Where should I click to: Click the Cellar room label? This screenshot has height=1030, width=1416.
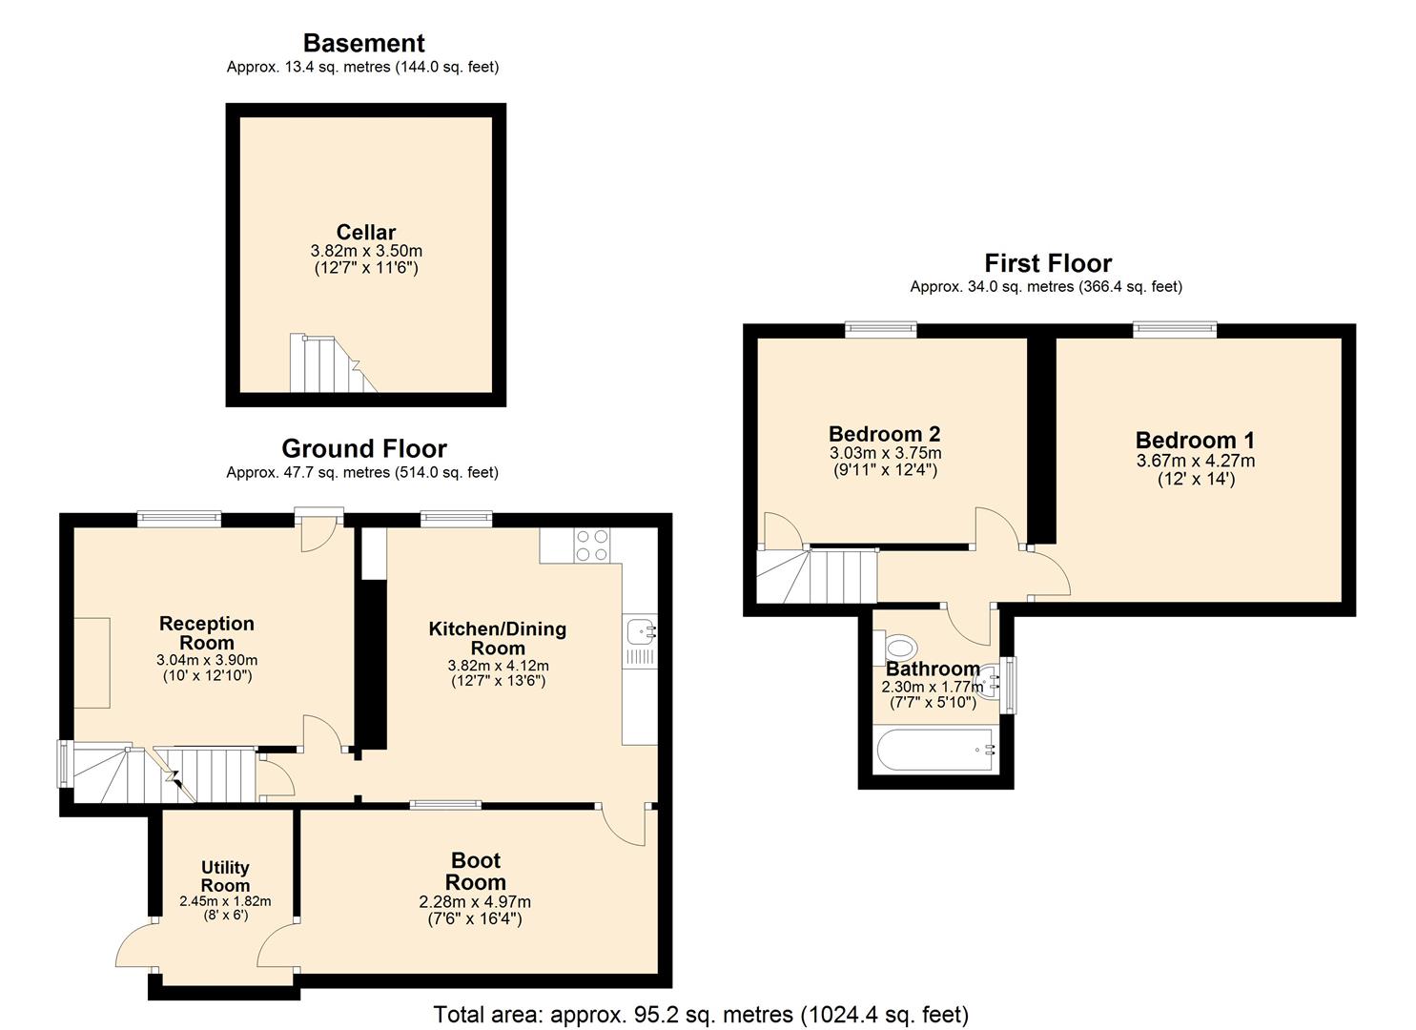click(365, 233)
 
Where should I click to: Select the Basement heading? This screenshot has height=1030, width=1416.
click(363, 43)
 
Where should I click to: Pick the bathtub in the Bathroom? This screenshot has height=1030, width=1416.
click(935, 751)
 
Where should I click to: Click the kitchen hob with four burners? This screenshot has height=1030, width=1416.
click(590, 545)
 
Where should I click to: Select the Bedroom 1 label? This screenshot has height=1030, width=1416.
click(1195, 441)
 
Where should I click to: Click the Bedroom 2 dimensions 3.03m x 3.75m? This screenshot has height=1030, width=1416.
click(885, 453)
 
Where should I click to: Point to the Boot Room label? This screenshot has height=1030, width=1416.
click(476, 872)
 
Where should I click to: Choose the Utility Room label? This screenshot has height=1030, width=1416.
click(225, 876)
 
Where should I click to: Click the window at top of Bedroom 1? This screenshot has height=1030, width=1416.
click(1175, 330)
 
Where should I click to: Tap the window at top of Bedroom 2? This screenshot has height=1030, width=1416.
click(881, 330)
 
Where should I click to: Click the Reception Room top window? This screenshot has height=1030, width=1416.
click(179, 520)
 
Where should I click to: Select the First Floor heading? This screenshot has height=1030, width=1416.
click(1048, 263)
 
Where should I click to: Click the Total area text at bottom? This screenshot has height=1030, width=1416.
click(701, 1014)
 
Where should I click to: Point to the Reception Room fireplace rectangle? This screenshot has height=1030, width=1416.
click(92, 663)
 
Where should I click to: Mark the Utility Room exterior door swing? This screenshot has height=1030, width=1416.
click(135, 947)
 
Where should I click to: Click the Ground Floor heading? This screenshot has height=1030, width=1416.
click(363, 448)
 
